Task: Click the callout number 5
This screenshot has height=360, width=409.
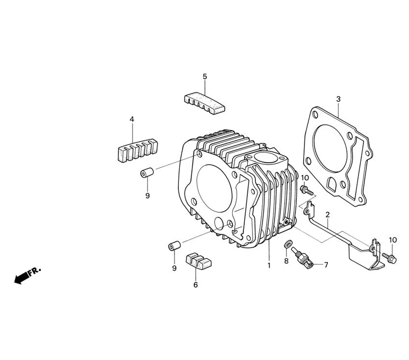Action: tap(205, 76)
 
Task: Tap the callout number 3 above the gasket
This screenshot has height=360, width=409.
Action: tap(338, 99)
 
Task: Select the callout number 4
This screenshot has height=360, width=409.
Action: tap(132, 119)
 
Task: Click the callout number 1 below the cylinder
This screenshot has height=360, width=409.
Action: tap(269, 265)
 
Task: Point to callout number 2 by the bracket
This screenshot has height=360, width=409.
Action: tap(328, 214)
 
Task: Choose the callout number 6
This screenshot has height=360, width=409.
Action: tap(196, 285)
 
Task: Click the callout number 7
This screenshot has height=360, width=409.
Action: tap(326, 265)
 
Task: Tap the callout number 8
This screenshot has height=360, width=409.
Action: tap(286, 261)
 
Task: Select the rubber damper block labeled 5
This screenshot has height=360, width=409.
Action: tap(204, 103)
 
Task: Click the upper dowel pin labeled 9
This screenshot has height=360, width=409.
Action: tap(147, 173)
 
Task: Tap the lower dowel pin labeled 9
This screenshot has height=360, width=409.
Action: tap(174, 247)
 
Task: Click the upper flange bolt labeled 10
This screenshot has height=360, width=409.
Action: tap(306, 190)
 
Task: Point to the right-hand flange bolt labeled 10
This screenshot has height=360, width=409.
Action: tap(389, 257)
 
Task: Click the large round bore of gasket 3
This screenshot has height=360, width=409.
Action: tap(330, 147)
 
